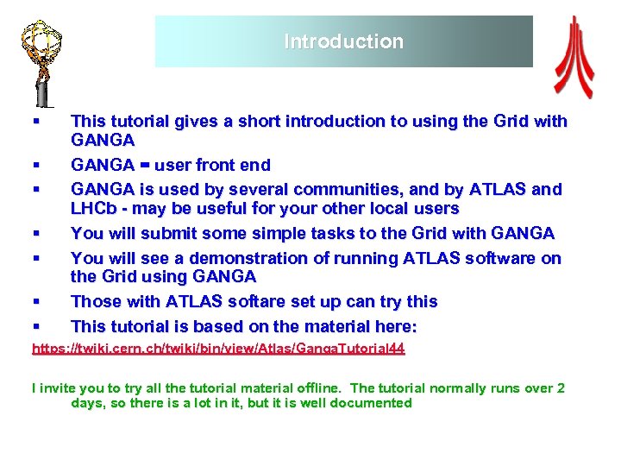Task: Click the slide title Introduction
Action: coord(343,41)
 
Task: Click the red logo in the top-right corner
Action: coord(573,57)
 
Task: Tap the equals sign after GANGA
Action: coord(144,165)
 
